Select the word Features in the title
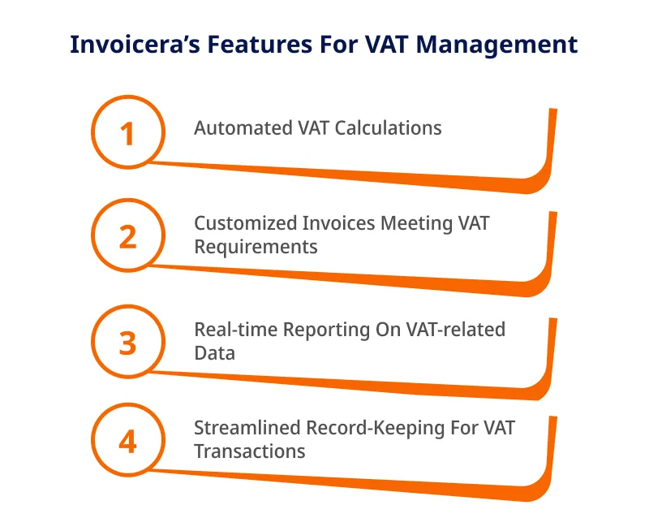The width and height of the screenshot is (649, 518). (260, 45)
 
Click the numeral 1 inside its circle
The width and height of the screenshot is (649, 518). (127, 134)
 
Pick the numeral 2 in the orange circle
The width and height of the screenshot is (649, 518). (127, 237)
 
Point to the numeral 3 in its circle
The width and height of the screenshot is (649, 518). (127, 343)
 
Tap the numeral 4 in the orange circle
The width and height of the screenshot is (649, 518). (127, 442)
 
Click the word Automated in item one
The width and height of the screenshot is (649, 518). (243, 128)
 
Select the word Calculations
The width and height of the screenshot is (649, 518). (389, 128)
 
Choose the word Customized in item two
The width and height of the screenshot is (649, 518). (246, 223)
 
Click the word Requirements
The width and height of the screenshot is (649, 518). (256, 248)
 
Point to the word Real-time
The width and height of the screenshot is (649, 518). (236, 330)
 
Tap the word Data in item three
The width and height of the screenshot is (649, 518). (214, 353)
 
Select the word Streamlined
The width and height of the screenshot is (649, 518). (247, 428)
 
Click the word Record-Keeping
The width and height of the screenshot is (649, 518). (376, 429)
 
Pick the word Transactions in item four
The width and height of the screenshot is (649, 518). (250, 451)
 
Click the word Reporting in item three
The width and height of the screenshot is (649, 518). (327, 330)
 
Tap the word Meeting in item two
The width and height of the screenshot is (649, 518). (416, 224)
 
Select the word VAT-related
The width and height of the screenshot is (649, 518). (456, 330)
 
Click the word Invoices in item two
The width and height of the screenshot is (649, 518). (339, 223)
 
